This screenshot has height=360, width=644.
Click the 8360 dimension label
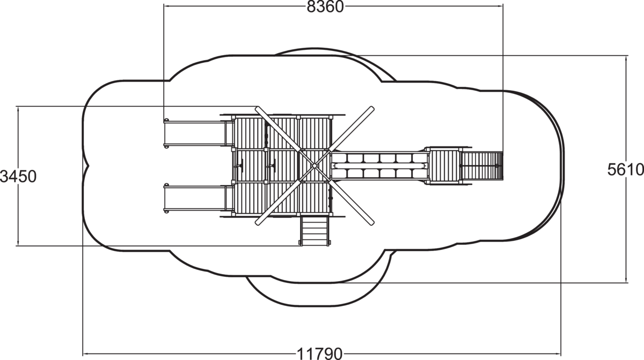(325, 7)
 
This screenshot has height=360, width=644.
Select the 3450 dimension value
(18, 177)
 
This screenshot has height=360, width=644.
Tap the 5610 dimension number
(626, 170)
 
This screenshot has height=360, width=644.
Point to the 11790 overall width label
(319, 354)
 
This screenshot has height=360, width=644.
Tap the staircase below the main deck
(314, 230)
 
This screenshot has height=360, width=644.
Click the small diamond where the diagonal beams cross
(314, 166)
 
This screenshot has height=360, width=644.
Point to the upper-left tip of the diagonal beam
(257, 108)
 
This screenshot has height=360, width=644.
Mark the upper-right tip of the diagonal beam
(372, 108)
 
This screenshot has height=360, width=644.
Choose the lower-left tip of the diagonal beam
(257, 223)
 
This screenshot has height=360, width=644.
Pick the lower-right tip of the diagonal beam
(372, 223)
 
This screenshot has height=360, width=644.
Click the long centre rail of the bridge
(379, 166)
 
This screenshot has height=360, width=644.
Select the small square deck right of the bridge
(444, 166)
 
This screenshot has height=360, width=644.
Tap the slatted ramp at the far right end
(481, 166)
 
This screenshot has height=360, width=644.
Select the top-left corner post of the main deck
(233, 117)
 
